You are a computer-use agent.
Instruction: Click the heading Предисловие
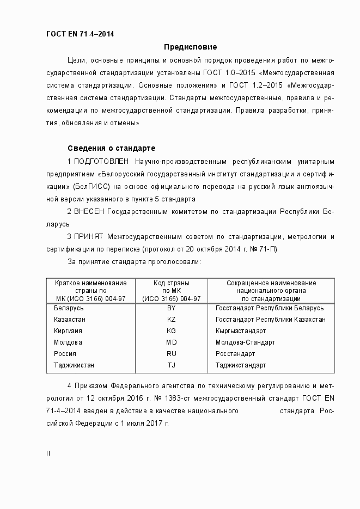[191, 47]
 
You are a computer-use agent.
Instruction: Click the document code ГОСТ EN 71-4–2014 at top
[81, 34]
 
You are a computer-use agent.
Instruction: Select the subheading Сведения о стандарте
[111, 148]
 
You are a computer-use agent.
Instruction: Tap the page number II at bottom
[48, 453]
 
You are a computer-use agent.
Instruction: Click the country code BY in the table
[171, 308]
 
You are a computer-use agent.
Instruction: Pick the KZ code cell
[171, 320]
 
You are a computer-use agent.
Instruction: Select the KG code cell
[171, 331]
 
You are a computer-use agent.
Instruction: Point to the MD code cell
[171, 342]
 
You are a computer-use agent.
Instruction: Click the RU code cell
[171, 354]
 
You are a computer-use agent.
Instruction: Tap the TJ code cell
[171, 365]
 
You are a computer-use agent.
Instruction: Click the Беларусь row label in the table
[69, 308]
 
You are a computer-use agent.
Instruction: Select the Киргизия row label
[68, 331]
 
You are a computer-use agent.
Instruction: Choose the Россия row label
[65, 354]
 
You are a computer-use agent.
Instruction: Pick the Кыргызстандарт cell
[241, 331]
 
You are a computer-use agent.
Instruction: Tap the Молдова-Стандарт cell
[245, 342]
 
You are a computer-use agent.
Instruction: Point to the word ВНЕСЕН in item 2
[89, 212]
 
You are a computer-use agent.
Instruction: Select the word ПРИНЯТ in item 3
[89, 237]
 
